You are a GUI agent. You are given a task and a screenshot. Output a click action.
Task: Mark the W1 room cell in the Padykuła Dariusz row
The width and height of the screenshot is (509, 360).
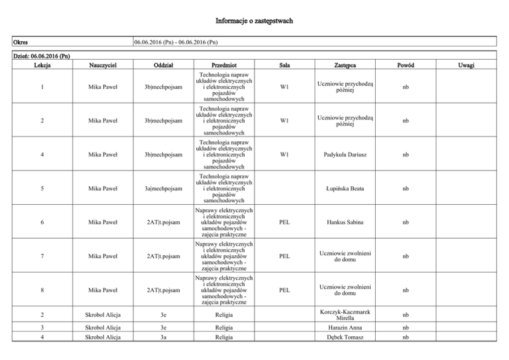point(284,154)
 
